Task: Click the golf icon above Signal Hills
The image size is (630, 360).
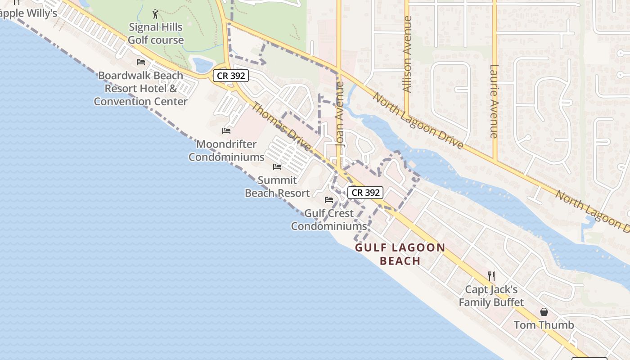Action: tap(155, 14)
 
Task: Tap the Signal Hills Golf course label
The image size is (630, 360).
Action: tap(156, 34)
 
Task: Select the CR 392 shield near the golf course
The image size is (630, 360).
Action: tap(231, 76)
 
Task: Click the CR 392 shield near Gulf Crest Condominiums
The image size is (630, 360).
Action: tap(366, 193)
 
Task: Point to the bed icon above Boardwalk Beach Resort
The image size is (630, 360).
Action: tap(141, 62)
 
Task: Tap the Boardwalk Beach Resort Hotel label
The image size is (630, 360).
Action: tap(140, 88)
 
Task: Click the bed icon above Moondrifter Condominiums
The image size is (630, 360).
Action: tap(226, 131)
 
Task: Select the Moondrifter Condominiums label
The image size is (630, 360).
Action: tap(226, 151)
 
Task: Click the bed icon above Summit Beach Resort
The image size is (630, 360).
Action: tap(277, 167)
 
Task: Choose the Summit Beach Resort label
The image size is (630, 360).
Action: tap(277, 187)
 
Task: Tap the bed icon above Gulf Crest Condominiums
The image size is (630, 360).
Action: tap(329, 200)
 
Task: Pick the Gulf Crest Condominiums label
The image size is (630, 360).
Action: tap(329, 220)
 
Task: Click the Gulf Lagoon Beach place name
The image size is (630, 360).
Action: tap(400, 254)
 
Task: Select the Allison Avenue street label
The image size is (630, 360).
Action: tap(408, 54)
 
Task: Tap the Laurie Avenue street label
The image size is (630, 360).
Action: tap(494, 101)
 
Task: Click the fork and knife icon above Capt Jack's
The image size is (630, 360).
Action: tap(491, 276)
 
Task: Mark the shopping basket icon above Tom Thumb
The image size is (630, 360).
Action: tap(544, 312)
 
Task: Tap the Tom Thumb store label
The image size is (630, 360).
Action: tap(544, 325)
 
